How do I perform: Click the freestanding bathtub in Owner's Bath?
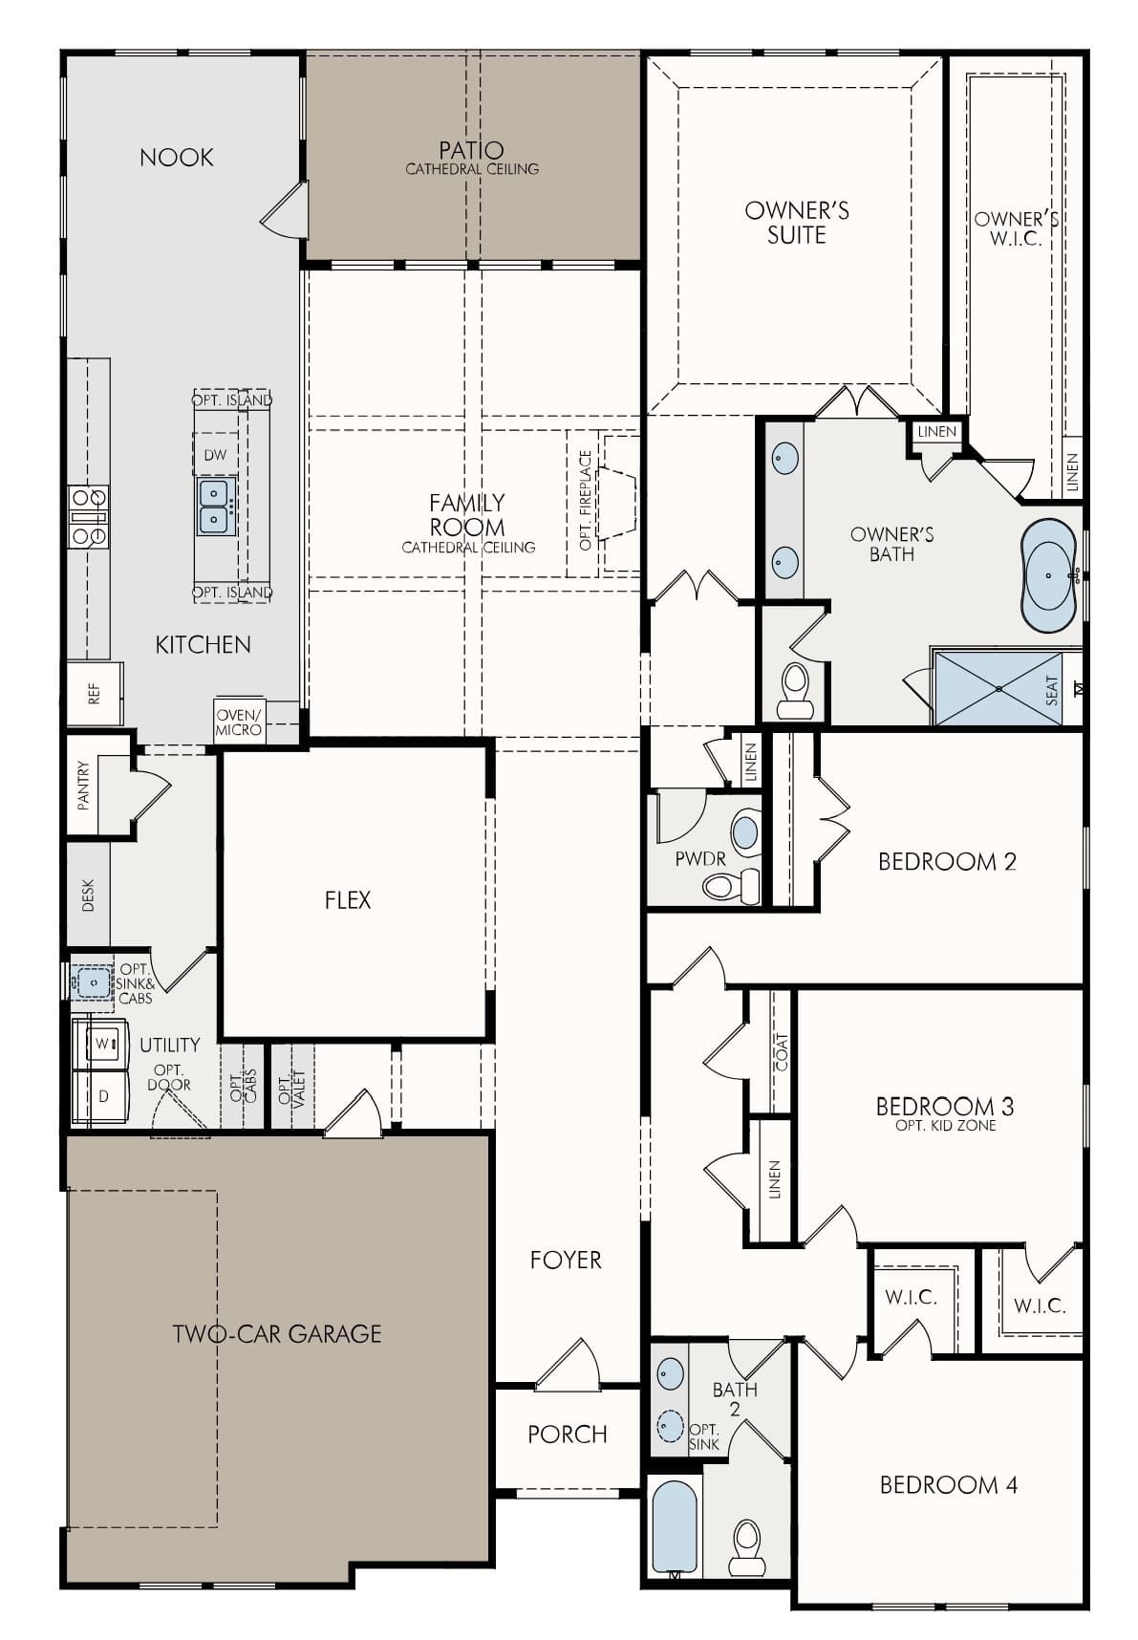click(x=1050, y=576)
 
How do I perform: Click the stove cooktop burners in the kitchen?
click(x=88, y=516)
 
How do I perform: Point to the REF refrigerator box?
click(x=95, y=694)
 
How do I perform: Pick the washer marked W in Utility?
click(x=99, y=1044)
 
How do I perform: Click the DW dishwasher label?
click(x=216, y=455)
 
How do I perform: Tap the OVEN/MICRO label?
click(x=238, y=723)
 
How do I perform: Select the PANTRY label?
click(x=84, y=786)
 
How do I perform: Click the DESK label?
click(x=88, y=896)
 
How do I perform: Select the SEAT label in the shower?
click(x=1052, y=691)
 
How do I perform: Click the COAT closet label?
click(x=783, y=1051)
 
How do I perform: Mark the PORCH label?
click(x=568, y=1434)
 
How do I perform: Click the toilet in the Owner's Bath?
click(x=794, y=691)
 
